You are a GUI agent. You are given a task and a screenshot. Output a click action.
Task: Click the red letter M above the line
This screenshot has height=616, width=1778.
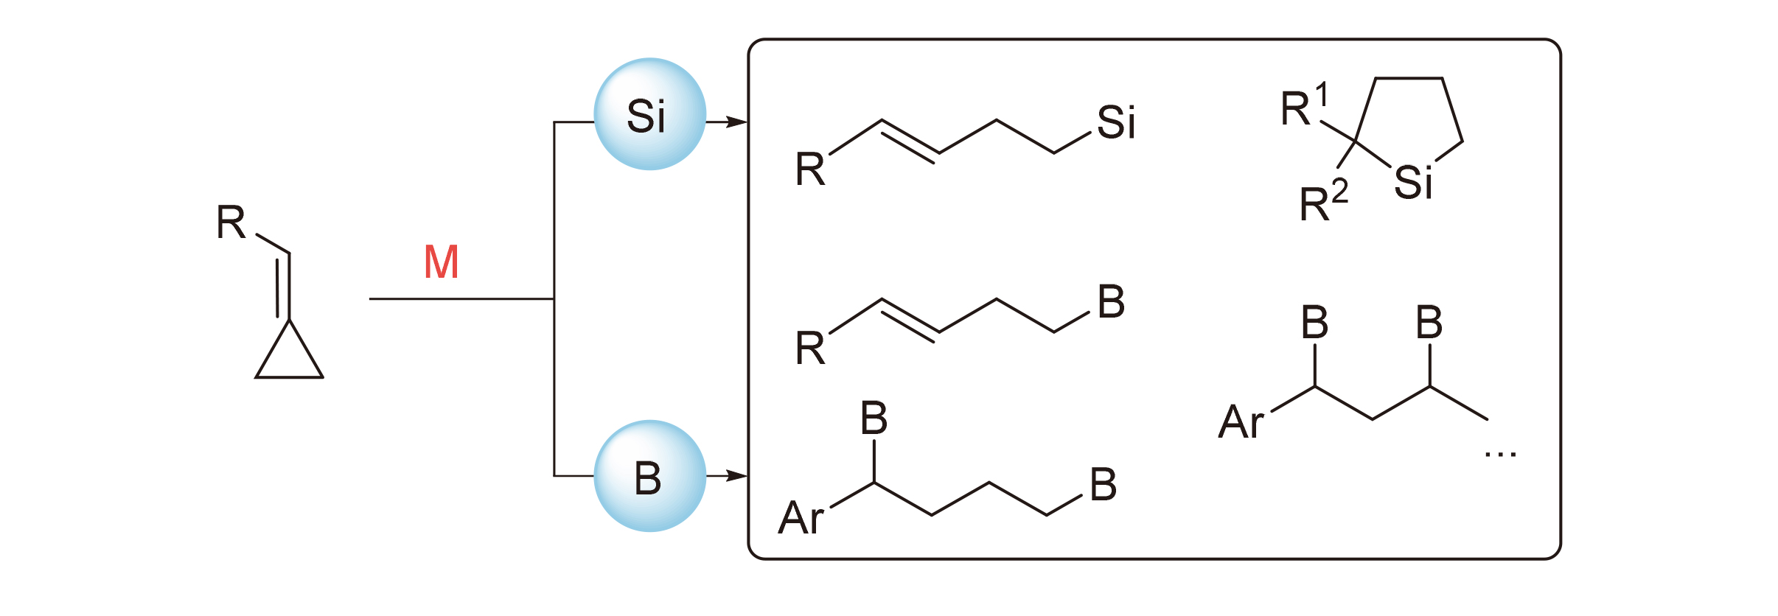pos(442,262)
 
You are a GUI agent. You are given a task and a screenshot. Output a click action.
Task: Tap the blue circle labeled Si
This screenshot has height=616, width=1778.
pos(649,114)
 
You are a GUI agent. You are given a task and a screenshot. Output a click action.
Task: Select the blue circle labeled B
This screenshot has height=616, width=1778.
pos(649,476)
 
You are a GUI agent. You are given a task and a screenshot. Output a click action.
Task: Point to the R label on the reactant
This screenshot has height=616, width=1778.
pos(231,223)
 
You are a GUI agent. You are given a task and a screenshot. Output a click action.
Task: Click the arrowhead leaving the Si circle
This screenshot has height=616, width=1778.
pos(736,122)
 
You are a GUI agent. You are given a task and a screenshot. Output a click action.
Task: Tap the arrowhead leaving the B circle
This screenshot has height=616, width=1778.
pos(736,476)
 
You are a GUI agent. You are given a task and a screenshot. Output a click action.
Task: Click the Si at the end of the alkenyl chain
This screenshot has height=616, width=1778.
pos(1115,122)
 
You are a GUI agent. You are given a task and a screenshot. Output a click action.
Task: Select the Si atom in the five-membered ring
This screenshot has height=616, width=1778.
pos(1412,183)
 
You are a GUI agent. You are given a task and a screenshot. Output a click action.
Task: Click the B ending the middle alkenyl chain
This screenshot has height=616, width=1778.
pos(1111,302)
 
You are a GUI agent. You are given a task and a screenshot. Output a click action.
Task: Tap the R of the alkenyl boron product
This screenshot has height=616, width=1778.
pos(810,349)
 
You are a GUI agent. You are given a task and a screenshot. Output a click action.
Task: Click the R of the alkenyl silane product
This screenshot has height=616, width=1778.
pos(810,169)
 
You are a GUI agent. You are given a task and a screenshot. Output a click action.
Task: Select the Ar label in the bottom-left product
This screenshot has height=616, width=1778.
pos(801,517)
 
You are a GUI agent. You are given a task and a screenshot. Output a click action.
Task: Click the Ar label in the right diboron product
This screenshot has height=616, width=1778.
pos(1241,422)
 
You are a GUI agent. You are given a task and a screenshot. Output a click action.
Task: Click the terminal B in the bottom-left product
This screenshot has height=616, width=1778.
pos(1103,485)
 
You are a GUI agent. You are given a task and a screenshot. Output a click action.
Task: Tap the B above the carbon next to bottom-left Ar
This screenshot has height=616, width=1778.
pos(874,419)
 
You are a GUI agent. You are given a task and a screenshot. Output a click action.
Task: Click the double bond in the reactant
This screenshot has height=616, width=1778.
pos(283,286)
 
